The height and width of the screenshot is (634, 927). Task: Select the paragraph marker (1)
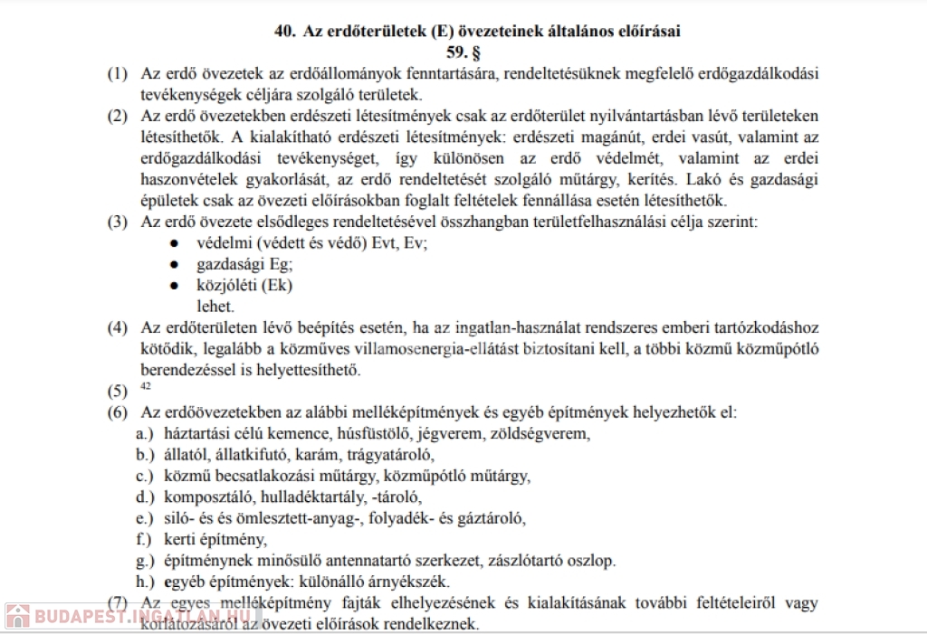tap(118, 74)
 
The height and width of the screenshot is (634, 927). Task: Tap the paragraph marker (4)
tap(118, 327)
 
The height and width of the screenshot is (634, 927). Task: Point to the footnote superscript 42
tap(147, 387)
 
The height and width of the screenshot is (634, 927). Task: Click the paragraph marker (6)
tap(118, 412)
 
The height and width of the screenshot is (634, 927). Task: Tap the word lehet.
tap(215, 307)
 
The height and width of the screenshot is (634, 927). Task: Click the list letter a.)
tap(146, 433)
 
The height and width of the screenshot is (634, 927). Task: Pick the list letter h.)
tap(146, 582)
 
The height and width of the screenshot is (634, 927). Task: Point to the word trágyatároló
tap(391, 454)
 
